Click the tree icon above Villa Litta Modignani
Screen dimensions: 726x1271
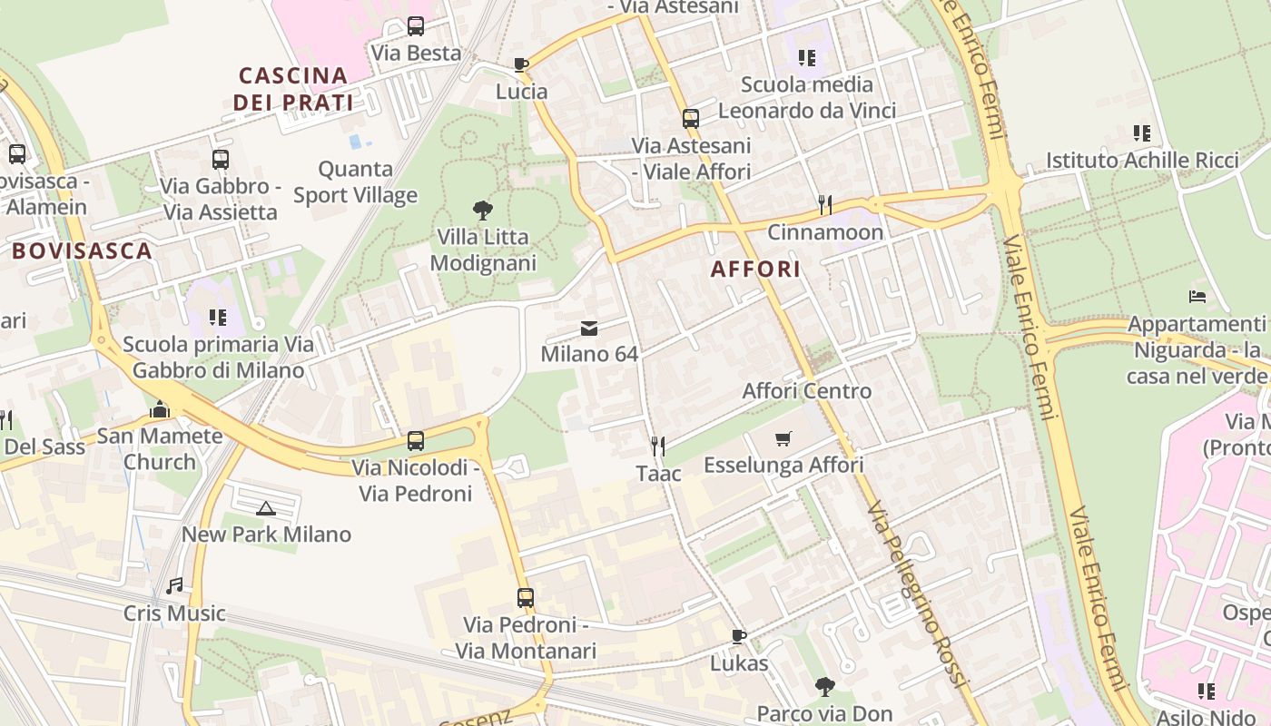(484, 211)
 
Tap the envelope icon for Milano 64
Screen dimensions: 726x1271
(589, 329)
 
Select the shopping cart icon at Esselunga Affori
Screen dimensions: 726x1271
(783, 439)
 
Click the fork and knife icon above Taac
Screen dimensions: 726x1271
(658, 446)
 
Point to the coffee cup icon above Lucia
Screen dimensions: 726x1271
(521, 64)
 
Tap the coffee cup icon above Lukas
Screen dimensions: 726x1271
(739, 636)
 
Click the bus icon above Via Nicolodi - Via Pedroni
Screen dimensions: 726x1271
(416, 441)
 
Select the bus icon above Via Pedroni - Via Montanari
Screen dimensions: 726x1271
(526, 598)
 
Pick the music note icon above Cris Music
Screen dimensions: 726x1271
(174, 586)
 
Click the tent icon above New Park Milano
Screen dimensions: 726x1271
(265, 508)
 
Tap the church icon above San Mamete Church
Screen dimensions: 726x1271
(160, 410)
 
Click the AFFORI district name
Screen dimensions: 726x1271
(755, 269)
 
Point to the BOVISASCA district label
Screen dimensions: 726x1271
(83, 250)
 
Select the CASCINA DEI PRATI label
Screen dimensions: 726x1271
(293, 89)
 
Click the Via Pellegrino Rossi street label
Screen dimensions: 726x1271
(918, 594)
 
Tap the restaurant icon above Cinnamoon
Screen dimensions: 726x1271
(825, 205)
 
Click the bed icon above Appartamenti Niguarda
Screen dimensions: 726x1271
(1197, 297)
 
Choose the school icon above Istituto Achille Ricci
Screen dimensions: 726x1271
(1142, 133)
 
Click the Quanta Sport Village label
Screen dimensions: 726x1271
(356, 181)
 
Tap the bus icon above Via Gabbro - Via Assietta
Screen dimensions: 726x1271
(220, 160)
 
